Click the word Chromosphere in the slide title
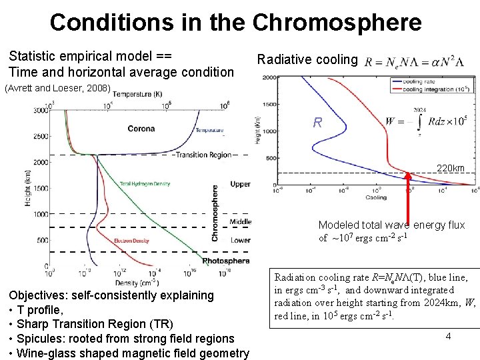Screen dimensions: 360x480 pos(337,22)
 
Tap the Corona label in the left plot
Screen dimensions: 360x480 pos(141,129)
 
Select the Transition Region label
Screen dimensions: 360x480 pos(203,155)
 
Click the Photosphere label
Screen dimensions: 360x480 pos(226,261)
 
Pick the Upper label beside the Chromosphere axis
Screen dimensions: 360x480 pos(240,184)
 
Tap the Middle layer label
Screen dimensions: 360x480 pos(240,222)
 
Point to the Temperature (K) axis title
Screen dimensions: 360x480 pos(137,95)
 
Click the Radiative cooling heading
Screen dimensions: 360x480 pos(307,60)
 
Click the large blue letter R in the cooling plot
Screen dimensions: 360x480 pos(318,123)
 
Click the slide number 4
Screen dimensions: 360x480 pos(448,336)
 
